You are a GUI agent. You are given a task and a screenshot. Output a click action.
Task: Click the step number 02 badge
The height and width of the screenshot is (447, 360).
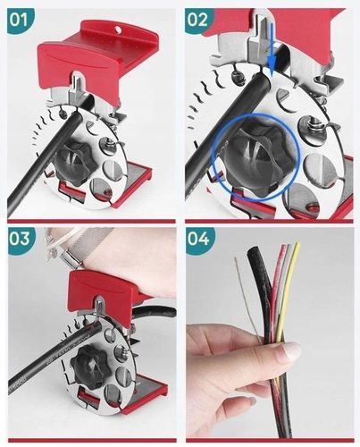[198, 21]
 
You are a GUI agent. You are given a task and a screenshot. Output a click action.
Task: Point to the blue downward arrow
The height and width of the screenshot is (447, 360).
[272, 51]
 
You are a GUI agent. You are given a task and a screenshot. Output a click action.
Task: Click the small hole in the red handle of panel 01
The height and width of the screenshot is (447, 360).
[118, 29]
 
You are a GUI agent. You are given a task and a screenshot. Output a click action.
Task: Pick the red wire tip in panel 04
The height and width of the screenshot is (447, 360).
[282, 248]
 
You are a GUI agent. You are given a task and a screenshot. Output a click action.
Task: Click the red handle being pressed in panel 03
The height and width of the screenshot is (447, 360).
[105, 289]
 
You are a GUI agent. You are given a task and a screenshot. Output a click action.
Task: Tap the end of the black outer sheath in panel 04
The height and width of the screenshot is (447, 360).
[254, 250]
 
